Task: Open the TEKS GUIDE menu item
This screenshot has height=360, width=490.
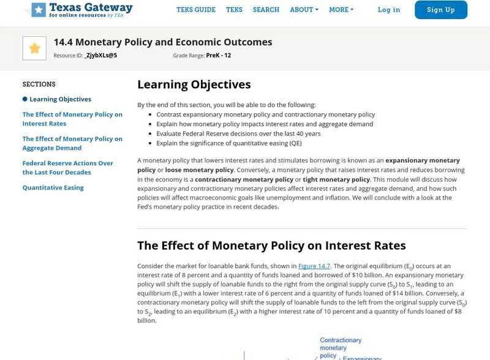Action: click(x=196, y=10)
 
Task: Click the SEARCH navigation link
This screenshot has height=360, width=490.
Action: click(x=266, y=10)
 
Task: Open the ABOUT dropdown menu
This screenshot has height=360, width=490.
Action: click(x=304, y=10)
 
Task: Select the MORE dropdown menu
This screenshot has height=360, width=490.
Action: click(x=341, y=10)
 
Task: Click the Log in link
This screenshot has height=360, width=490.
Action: click(x=389, y=10)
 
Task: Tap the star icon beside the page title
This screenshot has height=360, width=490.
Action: click(x=34, y=48)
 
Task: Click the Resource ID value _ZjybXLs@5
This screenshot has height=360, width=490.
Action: click(x=100, y=55)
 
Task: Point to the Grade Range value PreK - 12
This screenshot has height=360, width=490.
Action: click(x=219, y=55)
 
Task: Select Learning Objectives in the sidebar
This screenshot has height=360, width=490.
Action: click(x=60, y=99)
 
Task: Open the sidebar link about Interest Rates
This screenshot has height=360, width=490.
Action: click(x=72, y=119)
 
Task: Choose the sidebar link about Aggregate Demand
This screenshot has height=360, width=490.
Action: click(x=72, y=143)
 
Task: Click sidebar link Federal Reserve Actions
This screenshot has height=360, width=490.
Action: click(x=68, y=168)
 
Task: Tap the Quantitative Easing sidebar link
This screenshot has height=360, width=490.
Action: click(x=53, y=187)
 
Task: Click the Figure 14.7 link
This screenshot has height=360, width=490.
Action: click(x=314, y=266)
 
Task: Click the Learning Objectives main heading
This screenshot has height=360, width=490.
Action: click(x=194, y=84)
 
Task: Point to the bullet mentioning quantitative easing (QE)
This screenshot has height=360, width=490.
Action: click(x=228, y=143)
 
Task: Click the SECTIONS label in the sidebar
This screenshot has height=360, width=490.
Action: click(x=39, y=84)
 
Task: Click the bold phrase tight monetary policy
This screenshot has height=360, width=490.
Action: click(x=337, y=179)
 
